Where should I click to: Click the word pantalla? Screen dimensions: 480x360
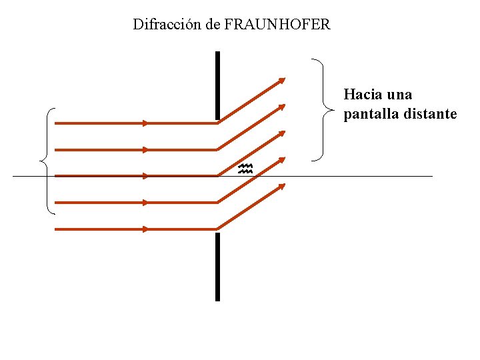[x=371, y=114]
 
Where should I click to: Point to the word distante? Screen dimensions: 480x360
[x=430, y=114]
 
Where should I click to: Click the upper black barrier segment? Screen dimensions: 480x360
[x=217, y=85]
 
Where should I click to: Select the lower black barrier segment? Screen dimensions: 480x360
[x=217, y=267]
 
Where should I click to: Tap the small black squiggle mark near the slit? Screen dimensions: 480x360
[x=245, y=169]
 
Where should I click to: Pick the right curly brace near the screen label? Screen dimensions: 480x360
[x=323, y=110]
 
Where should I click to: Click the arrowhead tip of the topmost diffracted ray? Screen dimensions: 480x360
[x=284, y=79]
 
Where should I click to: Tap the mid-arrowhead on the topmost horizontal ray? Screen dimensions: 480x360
[x=146, y=123]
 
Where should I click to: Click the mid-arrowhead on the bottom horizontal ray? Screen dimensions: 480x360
[x=146, y=229]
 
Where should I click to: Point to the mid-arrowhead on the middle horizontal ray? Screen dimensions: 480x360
[x=146, y=176]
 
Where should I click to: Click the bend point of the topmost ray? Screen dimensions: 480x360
[x=219, y=123]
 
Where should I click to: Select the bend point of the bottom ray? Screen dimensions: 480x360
[x=219, y=229]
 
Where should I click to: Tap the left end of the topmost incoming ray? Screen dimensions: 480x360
[x=55, y=123]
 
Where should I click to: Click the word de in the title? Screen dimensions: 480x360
[x=213, y=25]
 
